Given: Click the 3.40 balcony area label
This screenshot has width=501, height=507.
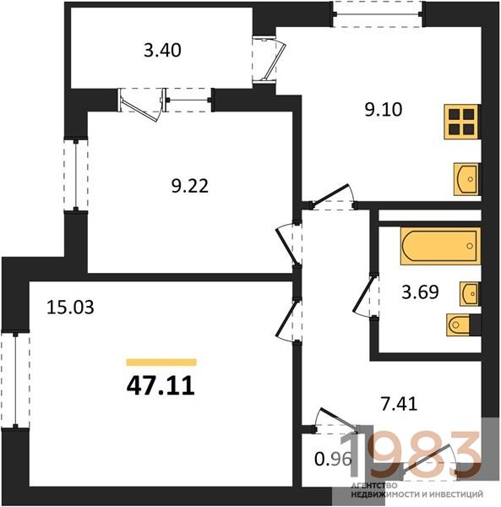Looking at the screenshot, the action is pos(162,51).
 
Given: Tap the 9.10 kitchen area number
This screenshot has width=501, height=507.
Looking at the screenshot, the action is pos(384,110).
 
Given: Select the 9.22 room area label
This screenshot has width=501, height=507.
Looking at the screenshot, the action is pos(190,186).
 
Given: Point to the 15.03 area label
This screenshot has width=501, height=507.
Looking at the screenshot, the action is pos(70,308).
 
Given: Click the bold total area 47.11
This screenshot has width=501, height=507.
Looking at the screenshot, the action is pos(161,386).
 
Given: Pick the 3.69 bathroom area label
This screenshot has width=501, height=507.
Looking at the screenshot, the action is pos(420,292).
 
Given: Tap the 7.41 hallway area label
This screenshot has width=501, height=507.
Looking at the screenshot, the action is pos(399,404).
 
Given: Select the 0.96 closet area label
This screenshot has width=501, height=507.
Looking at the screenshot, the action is pos(333,459).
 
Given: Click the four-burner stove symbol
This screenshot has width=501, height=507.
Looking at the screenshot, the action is pos(461,122).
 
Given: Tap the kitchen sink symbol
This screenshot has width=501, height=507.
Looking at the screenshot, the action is pos(466,179).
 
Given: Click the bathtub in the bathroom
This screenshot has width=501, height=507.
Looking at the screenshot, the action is pos(440,246).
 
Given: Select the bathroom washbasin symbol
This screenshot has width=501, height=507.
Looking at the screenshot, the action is pos(470,293).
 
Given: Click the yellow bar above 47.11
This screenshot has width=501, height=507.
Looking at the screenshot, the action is pos(161,363).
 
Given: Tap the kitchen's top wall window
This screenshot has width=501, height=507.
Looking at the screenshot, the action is pos(378,14).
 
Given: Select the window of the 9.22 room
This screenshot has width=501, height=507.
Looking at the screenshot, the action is pos(76,175).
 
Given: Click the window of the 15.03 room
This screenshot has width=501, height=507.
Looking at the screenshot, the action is pos(15,379).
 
